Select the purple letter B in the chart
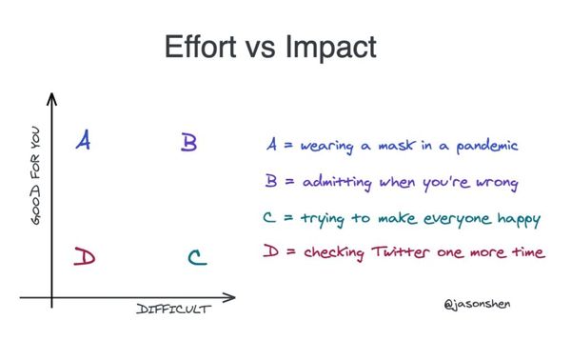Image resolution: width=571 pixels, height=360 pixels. point(188,143)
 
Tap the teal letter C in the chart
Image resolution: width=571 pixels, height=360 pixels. point(194,257)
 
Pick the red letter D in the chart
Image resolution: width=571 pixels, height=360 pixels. point(85,257)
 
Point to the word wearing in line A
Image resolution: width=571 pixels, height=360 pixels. point(330,148)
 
